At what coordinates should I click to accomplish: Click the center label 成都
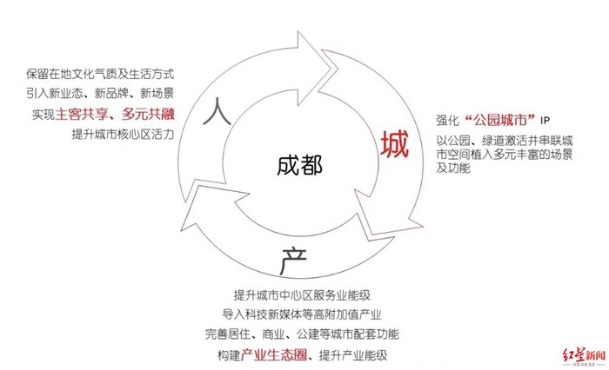[300, 166]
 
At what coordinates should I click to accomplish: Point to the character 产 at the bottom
[291, 257]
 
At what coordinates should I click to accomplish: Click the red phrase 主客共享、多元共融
[115, 113]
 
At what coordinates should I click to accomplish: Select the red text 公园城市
[502, 118]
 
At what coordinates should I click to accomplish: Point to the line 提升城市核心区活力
[124, 134]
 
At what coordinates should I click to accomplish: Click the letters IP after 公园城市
[546, 119]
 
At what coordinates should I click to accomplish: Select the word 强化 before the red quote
[449, 119]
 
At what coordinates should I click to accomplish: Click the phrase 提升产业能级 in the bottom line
[352, 355]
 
